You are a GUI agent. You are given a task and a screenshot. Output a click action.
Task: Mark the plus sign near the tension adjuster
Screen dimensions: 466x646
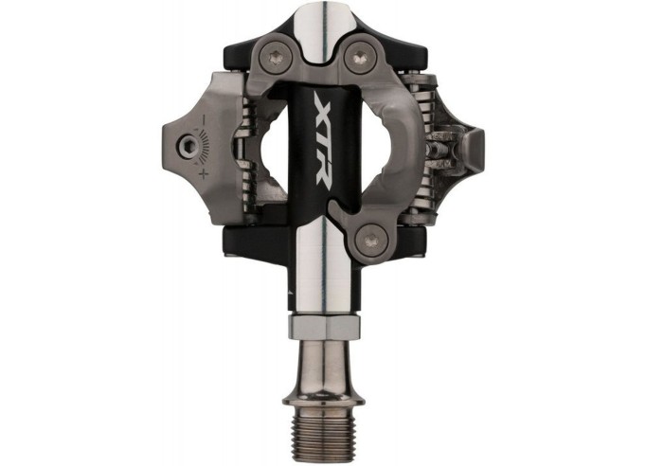[x=202, y=173]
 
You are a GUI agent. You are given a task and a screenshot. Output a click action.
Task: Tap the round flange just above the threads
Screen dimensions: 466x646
[x=325, y=388]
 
